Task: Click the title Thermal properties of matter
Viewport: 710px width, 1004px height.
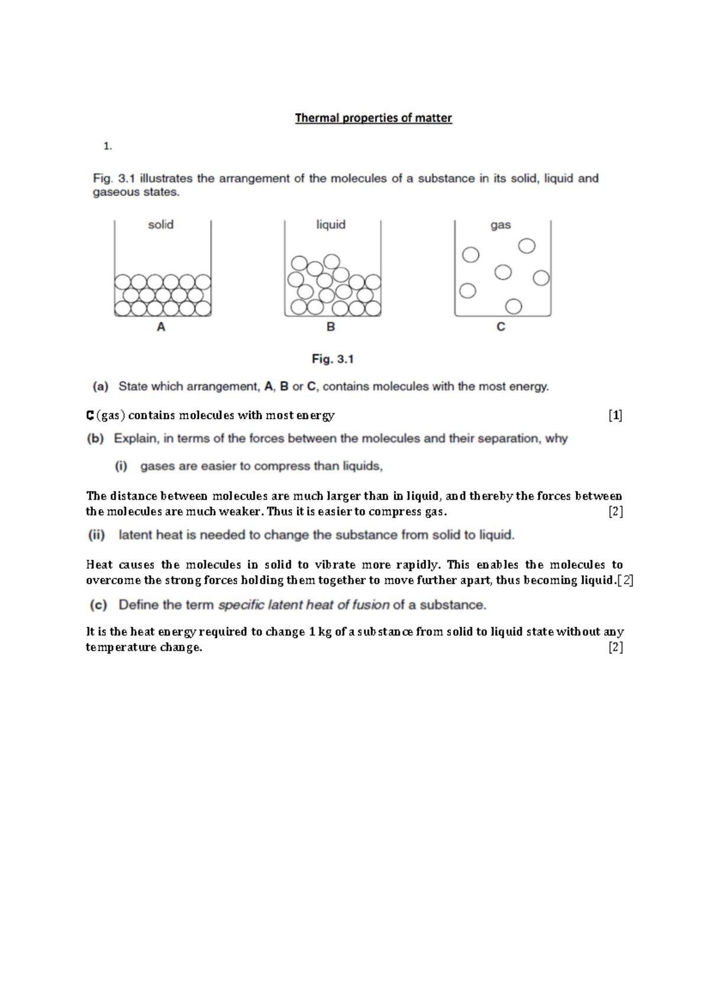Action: pyautogui.click(x=373, y=118)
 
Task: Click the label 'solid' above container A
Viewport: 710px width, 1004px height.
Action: pyautogui.click(x=161, y=225)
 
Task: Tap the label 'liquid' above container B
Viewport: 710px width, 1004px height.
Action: pyautogui.click(x=331, y=225)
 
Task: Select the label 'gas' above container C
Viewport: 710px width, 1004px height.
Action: pyautogui.click(x=501, y=226)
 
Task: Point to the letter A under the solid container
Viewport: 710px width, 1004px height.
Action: pyautogui.click(x=161, y=327)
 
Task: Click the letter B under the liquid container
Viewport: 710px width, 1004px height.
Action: pyautogui.click(x=331, y=327)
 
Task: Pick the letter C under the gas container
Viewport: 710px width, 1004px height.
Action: pyautogui.click(x=501, y=327)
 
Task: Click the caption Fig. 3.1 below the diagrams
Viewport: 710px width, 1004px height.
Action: pyautogui.click(x=333, y=359)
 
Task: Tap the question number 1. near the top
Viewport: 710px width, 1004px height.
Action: pyautogui.click(x=107, y=146)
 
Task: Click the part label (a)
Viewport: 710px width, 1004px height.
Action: pyautogui.click(x=100, y=387)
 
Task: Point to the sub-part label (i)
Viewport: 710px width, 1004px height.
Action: pyautogui.click(x=121, y=466)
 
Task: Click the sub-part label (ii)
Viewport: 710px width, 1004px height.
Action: pyautogui.click(x=97, y=535)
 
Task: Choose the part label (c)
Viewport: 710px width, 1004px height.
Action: pyautogui.click(x=98, y=605)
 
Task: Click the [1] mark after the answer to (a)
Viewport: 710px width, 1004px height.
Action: pyautogui.click(x=615, y=416)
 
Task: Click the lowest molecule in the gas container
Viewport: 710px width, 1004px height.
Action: pyautogui.click(x=514, y=306)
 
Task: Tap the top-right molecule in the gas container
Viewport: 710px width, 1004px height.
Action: pyautogui.click(x=527, y=246)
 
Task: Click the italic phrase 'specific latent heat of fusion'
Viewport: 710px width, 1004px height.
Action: pyautogui.click(x=304, y=605)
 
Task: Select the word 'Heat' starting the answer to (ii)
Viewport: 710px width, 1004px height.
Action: pyautogui.click(x=99, y=565)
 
